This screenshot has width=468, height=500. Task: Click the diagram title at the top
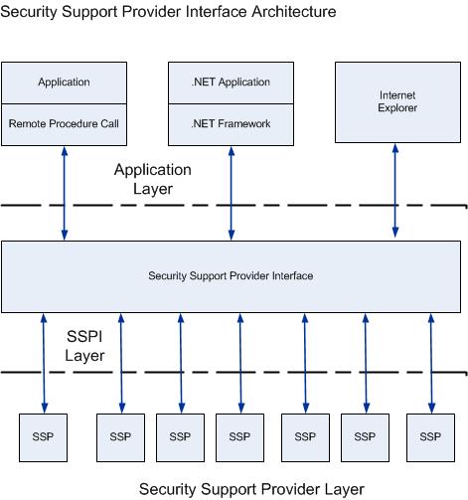coord(170,12)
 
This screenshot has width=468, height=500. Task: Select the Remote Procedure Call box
coord(64,124)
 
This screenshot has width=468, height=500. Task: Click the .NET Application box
coord(232,83)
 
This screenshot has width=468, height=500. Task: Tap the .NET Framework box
coord(232,124)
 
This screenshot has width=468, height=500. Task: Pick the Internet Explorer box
coord(396,102)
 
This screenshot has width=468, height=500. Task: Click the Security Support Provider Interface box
coord(231,275)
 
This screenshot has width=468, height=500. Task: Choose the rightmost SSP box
coord(430,435)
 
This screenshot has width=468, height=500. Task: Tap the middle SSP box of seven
coord(239,435)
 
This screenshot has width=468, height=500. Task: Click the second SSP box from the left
coord(120,435)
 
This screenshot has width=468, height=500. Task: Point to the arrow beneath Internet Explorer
coord(396,189)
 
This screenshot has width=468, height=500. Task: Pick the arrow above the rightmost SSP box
coord(430,362)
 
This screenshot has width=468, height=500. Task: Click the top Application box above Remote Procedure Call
coord(64,83)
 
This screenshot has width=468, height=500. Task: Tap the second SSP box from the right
coord(366,435)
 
